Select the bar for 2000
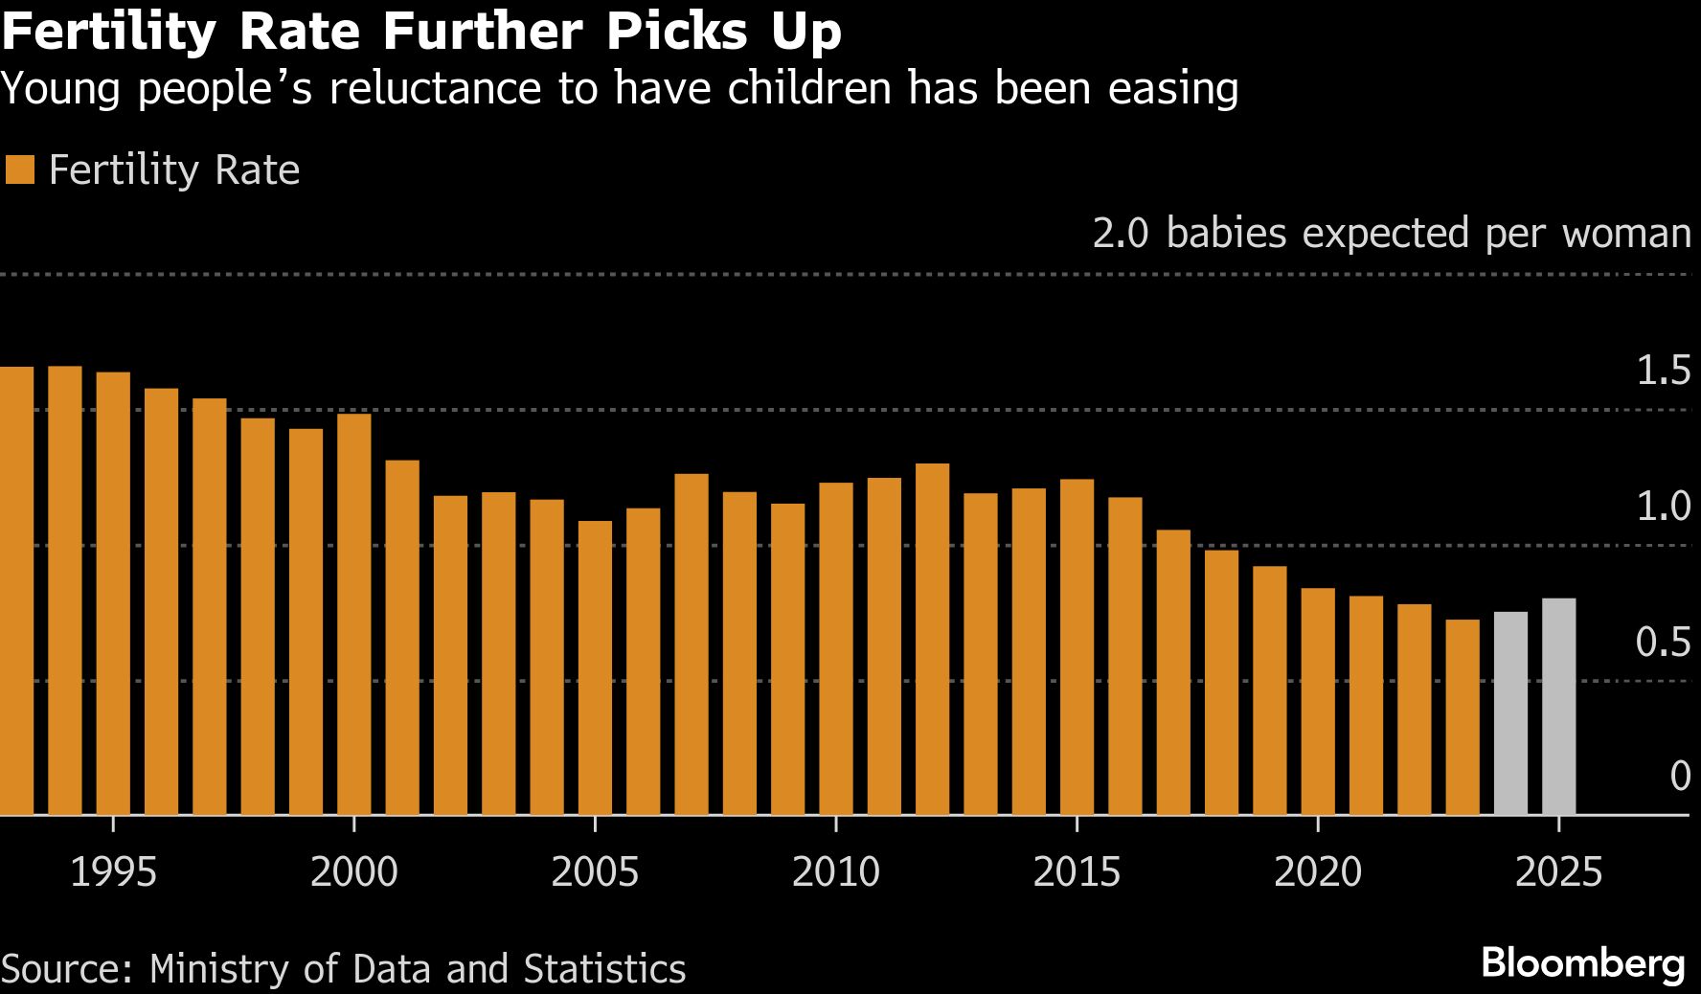click(354, 614)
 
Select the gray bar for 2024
click(1510, 713)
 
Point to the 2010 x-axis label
click(836, 871)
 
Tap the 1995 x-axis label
click(113, 871)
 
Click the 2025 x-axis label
click(1558, 871)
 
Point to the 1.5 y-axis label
click(1663, 371)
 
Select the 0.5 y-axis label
click(1663, 642)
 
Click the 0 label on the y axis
click(1680, 776)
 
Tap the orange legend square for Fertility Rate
click(19, 170)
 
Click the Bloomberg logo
click(1582, 963)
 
